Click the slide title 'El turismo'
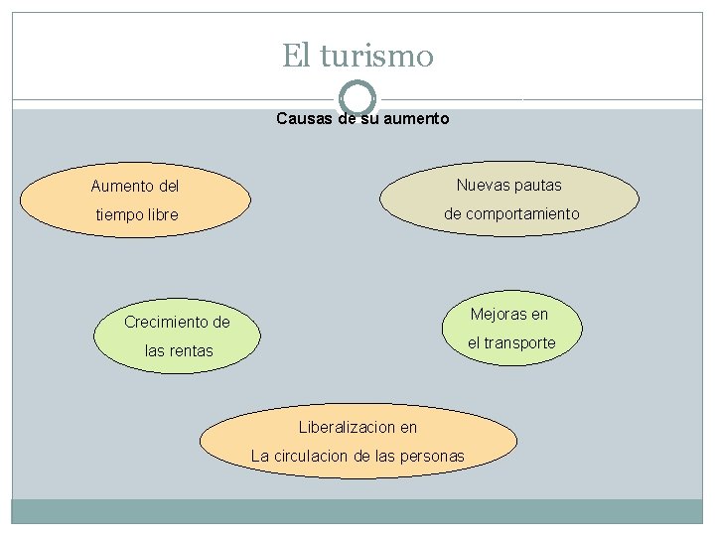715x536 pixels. tap(357, 55)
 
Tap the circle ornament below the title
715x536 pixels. tap(357, 97)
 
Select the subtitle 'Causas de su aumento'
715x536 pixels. tap(362, 119)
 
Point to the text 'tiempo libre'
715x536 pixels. tap(137, 214)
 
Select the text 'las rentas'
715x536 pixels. tap(179, 350)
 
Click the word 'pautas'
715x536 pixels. tap(537, 185)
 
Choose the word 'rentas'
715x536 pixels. tap(190, 350)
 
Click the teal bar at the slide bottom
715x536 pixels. tap(357, 511)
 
